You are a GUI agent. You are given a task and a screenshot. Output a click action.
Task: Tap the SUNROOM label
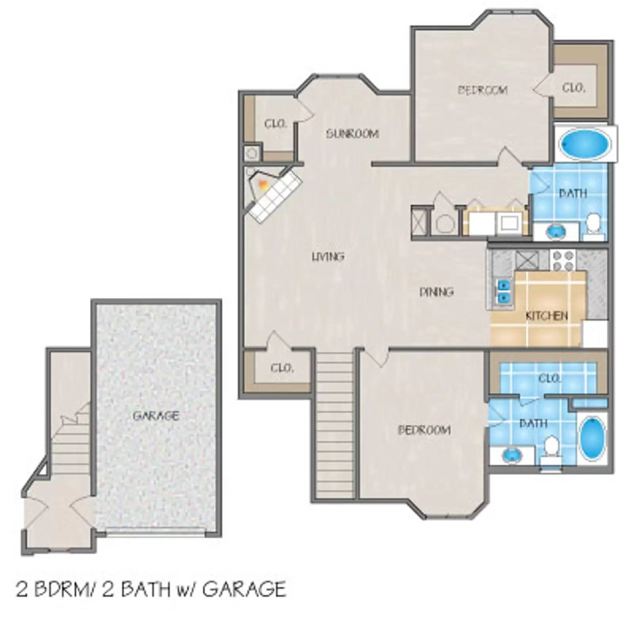point(352,134)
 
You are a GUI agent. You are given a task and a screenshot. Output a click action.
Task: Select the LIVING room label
point(328,257)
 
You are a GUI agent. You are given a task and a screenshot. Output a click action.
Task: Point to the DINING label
point(436,292)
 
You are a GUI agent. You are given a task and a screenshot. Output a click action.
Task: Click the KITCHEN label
point(546,316)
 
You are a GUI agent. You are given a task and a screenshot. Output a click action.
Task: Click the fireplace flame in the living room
point(262,184)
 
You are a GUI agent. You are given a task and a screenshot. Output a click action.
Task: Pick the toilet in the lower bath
point(551,446)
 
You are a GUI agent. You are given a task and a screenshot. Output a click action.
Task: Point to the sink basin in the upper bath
point(557,231)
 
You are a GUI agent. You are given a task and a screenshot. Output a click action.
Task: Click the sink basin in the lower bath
point(513,455)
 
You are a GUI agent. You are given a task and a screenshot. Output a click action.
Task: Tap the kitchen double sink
point(503,291)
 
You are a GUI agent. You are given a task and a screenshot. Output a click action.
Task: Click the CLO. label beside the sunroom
point(275,124)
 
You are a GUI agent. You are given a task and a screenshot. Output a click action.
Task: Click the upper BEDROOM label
point(483,90)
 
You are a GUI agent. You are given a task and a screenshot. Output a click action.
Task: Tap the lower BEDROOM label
point(424,430)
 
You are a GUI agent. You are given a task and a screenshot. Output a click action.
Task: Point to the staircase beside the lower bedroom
point(335,420)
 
